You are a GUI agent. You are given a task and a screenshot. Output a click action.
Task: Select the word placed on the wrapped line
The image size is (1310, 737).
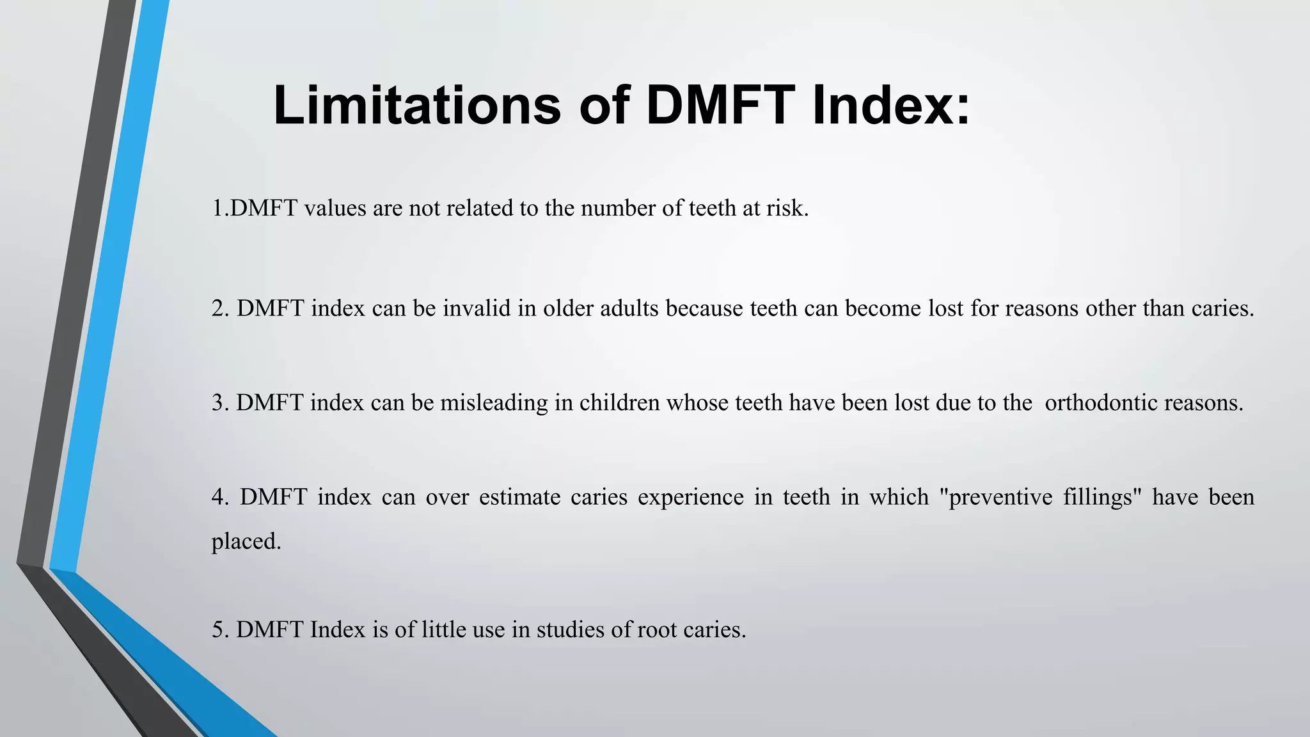(246, 541)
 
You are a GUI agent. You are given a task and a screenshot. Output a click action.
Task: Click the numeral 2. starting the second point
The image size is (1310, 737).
(220, 308)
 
